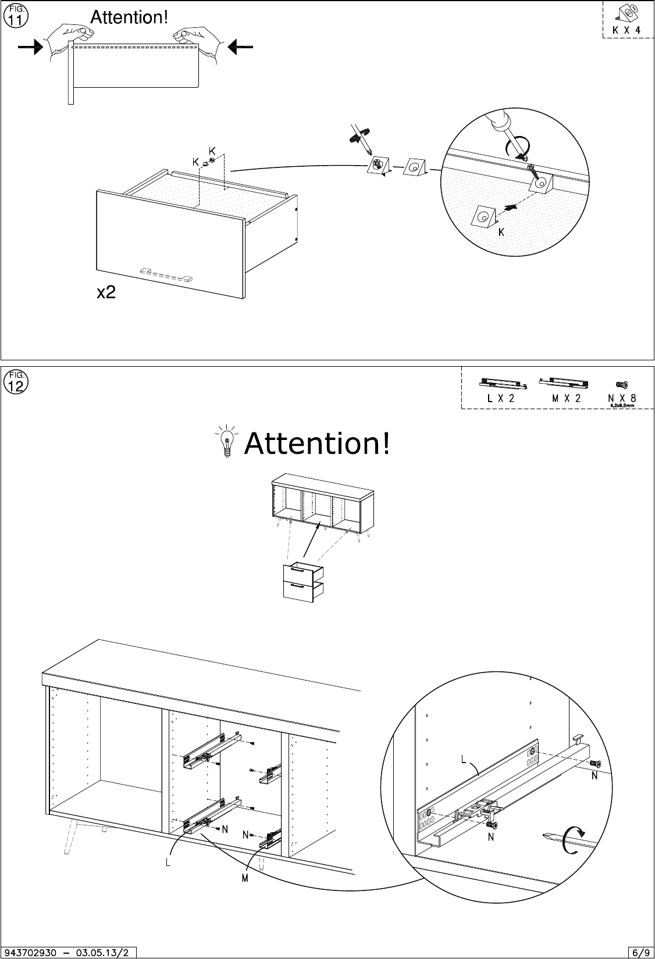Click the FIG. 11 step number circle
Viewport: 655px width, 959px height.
[x=15, y=16]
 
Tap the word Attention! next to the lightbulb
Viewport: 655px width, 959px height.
[x=317, y=444]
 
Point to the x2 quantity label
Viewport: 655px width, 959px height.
[x=106, y=293]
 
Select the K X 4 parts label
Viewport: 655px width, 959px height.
[x=626, y=29]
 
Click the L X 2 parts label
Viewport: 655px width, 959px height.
[x=500, y=398]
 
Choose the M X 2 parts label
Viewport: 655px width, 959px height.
[x=566, y=398]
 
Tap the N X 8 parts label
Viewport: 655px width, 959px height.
[x=622, y=398]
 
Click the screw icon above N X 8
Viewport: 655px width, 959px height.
[x=621, y=385]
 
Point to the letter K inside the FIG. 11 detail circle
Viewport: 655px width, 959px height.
[x=500, y=232]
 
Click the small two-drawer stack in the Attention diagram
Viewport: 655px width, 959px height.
[x=302, y=582]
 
